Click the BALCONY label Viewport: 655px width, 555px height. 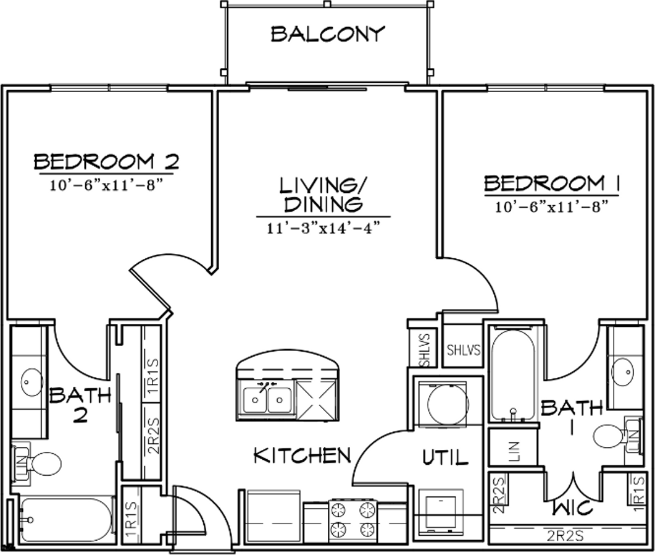[327, 34]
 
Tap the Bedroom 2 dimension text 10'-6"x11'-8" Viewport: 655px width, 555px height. [106, 185]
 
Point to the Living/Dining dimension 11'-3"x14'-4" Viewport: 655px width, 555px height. [323, 228]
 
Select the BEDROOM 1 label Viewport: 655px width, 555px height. [551, 184]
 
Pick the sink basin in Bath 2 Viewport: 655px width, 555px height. [32, 382]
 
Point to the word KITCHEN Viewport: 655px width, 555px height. [302, 455]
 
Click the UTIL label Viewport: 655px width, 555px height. [445, 457]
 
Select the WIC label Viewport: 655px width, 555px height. [572, 507]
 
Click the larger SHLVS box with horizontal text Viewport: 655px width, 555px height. [463, 349]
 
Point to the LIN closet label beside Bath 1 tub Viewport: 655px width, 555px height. [514, 451]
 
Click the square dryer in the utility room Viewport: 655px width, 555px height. [441, 511]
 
